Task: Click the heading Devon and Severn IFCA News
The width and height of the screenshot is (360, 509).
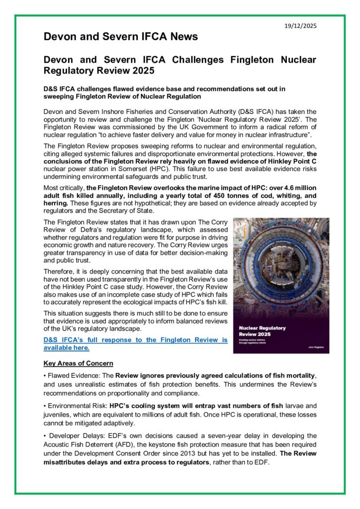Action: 121,36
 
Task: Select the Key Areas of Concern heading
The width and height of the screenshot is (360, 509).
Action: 78,363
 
